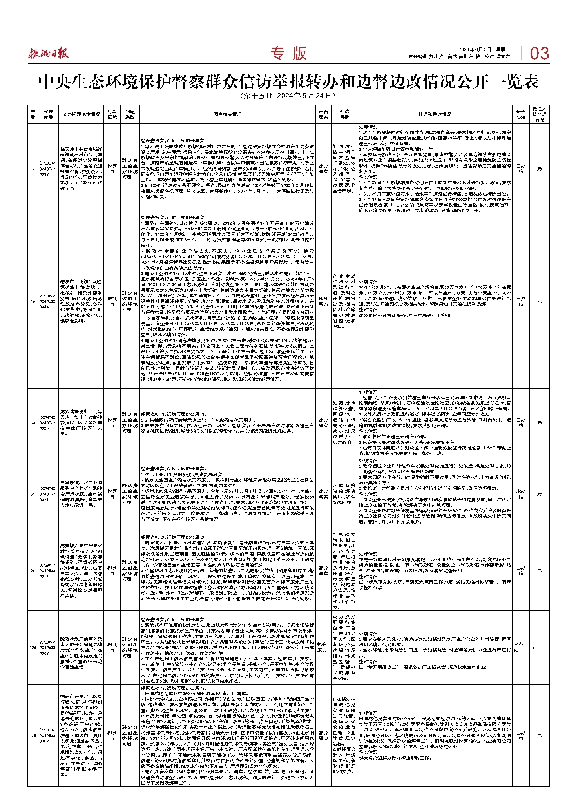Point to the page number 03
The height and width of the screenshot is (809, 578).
pos(539,54)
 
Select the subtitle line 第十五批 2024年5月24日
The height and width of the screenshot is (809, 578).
pos(288,96)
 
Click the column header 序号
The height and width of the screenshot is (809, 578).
pos(33,114)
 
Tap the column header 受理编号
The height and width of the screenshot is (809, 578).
pos(48,114)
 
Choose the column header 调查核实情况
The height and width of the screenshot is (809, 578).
pos(227,114)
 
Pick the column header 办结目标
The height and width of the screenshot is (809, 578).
pos(344,114)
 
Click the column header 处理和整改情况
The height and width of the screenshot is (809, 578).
pos(434,114)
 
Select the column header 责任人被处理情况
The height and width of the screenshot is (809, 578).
pos(539,114)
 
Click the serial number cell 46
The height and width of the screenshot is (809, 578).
pos(33,301)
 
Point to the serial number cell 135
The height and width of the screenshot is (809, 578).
pos(33,735)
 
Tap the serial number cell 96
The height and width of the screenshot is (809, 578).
pos(33,571)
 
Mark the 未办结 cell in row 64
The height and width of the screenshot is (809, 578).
pos(521,494)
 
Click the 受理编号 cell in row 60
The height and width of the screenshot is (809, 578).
pos(48,423)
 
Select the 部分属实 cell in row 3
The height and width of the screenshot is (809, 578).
pos(323,169)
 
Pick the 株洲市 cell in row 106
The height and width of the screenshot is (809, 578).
pos(112,647)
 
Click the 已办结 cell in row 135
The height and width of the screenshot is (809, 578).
pos(521,735)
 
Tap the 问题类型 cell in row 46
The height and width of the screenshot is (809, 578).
pos(130,301)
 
